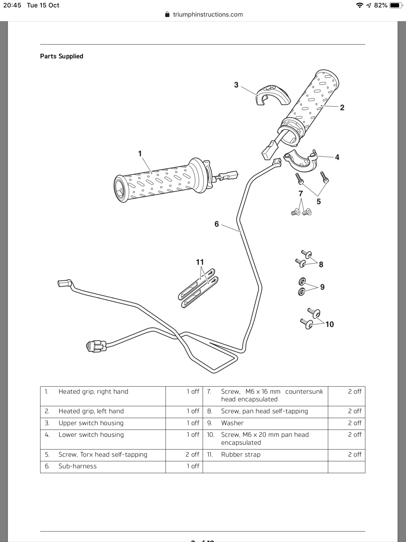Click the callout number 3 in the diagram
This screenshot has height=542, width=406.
tap(236, 85)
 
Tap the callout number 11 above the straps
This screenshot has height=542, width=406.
tap(200, 262)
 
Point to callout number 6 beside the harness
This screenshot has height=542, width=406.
tap(217, 224)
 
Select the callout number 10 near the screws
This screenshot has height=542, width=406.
tap(330, 324)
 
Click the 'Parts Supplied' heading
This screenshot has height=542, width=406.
tap(62, 56)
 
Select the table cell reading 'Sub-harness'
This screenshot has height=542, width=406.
tap(77, 466)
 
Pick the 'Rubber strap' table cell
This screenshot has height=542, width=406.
tap(241, 454)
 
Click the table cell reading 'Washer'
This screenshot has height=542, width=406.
tap(232, 423)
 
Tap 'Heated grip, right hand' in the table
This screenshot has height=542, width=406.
tap(93, 391)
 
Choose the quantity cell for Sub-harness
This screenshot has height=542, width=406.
tap(193, 466)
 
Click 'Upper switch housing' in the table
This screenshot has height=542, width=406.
tap(91, 423)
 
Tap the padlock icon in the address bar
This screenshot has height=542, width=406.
tap(167, 15)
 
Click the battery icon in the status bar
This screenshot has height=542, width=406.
tap(396, 5)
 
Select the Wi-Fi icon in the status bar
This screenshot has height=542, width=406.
tap(359, 5)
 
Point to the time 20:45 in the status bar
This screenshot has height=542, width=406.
tap(12, 5)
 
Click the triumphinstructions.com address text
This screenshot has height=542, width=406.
tap(208, 15)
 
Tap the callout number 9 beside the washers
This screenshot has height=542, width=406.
tap(322, 287)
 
